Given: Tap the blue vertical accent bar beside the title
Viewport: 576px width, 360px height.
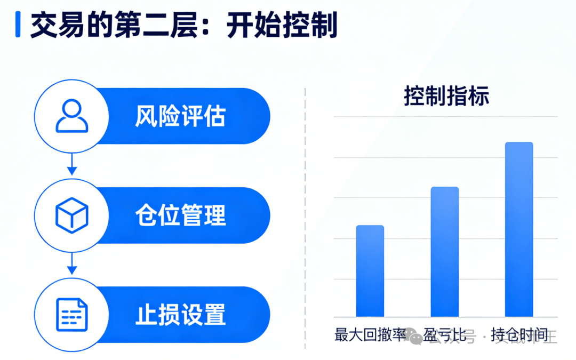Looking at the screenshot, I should click(18, 25).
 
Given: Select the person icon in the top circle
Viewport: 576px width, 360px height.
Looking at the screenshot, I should click(72, 116).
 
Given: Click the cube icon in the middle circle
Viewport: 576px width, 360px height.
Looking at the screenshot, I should click(72, 215).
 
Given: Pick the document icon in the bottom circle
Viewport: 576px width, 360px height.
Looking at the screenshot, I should click(72, 314).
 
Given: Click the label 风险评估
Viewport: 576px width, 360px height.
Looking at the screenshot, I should click(180, 116).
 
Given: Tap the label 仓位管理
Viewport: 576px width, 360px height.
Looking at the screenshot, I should click(180, 215).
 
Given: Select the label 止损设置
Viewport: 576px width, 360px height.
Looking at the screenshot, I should click(180, 315).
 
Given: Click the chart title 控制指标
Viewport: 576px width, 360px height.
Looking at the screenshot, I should click(446, 97).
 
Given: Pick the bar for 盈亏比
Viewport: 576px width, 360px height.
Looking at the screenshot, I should click(445, 252).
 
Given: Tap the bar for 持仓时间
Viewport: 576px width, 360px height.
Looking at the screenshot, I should click(519, 229).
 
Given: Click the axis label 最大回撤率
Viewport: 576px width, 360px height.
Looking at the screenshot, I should click(370, 335).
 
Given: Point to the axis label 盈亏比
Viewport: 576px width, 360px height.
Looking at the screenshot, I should click(445, 335).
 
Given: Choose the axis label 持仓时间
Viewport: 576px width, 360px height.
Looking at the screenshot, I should click(519, 335).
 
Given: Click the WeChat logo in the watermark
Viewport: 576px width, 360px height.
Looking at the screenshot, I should click(413, 336).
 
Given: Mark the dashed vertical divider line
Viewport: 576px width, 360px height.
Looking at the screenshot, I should click(305, 213).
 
